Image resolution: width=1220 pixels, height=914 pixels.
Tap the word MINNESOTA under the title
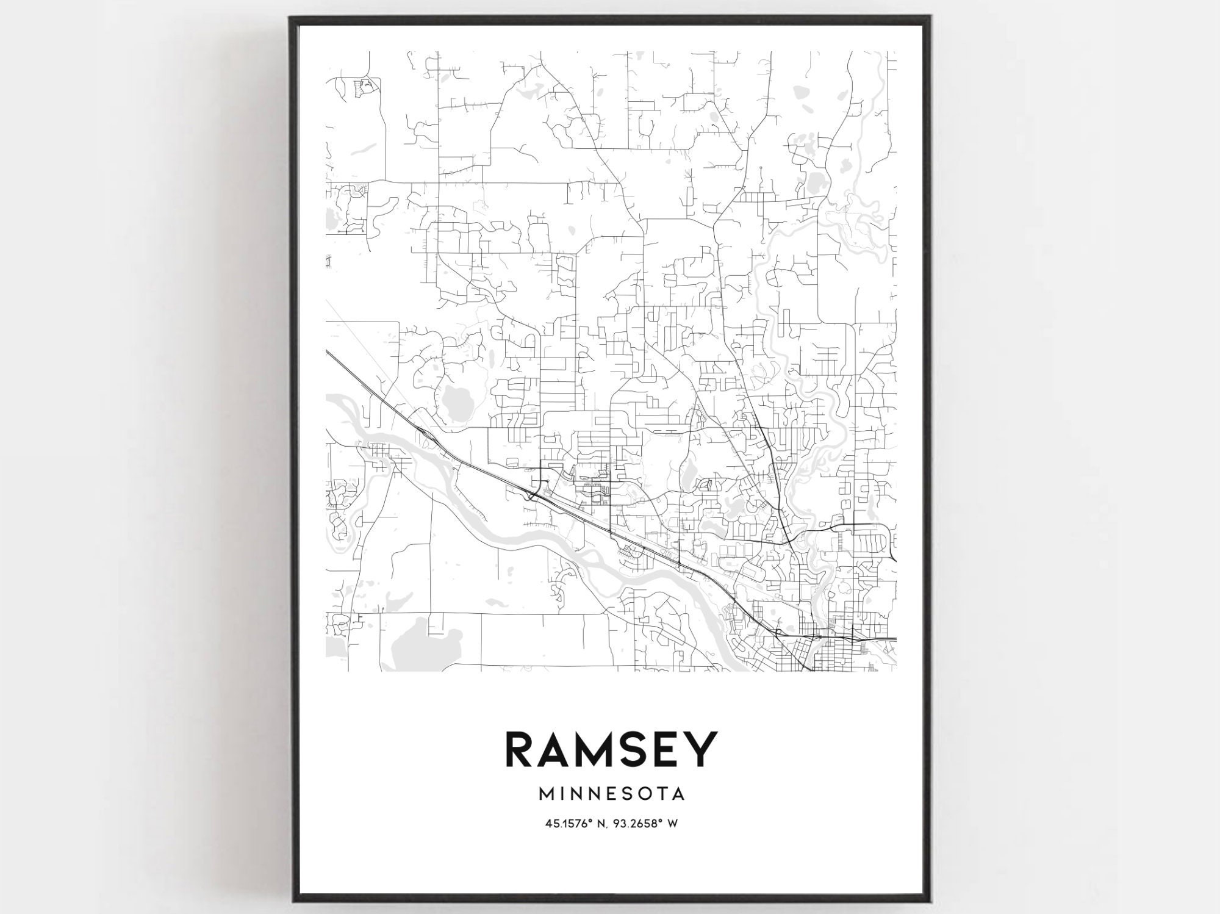tap(612, 794)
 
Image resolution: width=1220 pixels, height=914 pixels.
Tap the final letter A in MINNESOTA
tap(678, 794)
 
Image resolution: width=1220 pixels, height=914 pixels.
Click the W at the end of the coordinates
tap(673, 823)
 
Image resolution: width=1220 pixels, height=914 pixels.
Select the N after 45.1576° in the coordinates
tap(600, 823)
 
